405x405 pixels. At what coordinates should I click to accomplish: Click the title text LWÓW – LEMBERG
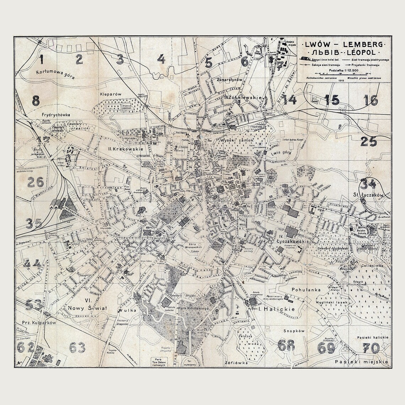342,45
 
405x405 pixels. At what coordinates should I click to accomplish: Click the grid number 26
36,183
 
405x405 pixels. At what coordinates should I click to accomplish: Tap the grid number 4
162,59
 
